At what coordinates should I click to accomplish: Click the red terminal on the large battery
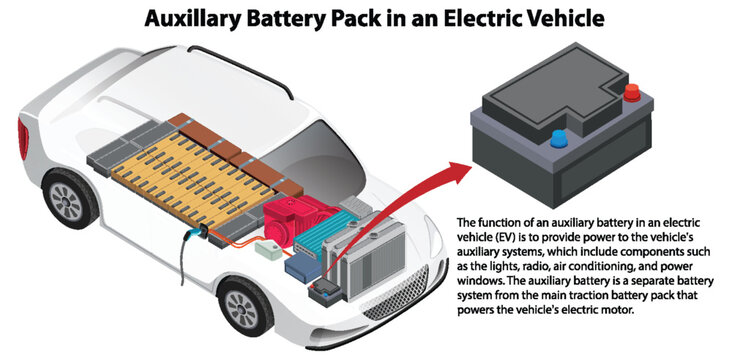(x=632, y=95)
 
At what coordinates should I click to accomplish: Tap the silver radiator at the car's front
(x=385, y=260)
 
